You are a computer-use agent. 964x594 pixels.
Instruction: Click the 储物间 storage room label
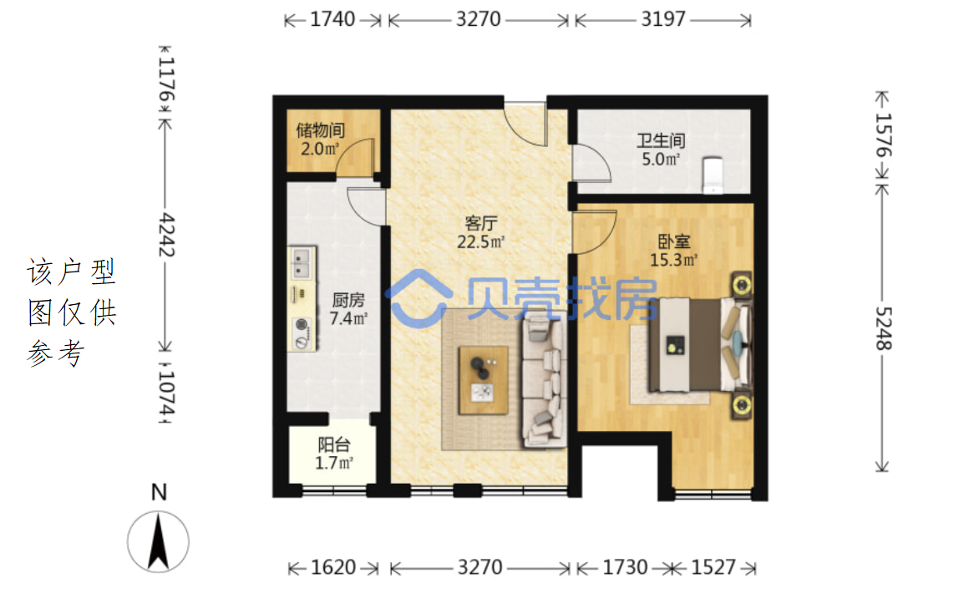pos(320,130)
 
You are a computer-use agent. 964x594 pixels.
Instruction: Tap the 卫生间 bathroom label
pos(661,141)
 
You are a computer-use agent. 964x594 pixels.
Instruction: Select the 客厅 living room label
pos(481,223)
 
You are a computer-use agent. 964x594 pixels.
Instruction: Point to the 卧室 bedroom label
pos(674,241)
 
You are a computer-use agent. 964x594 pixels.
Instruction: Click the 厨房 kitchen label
pos(348,300)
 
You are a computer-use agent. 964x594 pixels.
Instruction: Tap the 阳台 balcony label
pos(334,444)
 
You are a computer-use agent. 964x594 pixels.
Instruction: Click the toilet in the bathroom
pos(713,175)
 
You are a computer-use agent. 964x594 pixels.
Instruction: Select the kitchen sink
pos(301,262)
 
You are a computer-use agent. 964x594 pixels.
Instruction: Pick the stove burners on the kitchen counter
pos(302,333)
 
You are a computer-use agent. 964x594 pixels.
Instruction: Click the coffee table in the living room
pos(484,380)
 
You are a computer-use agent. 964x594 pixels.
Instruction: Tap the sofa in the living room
pos(544,381)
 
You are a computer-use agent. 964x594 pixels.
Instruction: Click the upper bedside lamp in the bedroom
pos(742,285)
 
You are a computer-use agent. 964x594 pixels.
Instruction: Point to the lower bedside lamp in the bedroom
pos(742,406)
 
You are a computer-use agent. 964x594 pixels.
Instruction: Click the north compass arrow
pos(158,541)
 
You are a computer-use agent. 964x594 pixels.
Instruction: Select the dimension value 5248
pos(883,328)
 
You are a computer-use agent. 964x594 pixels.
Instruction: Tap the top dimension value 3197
pos(662,20)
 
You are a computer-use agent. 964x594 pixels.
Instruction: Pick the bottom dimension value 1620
pos(333,567)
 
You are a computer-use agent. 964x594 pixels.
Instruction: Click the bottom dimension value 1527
pos(713,567)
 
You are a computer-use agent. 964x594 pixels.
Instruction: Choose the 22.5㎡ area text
pos(481,241)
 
